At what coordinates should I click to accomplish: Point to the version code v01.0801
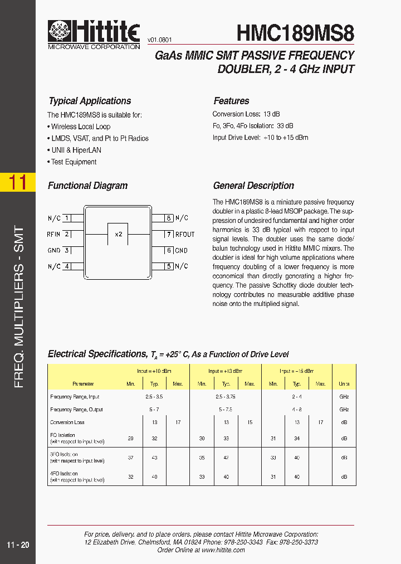[160, 40]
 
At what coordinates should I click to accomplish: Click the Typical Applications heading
[90, 101]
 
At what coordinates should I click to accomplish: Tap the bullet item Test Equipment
[74, 162]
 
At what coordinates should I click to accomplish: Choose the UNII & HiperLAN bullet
[76, 150]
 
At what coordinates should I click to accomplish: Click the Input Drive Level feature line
[260, 138]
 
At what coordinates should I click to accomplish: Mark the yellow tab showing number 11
[18, 182]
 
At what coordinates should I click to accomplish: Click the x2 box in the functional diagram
[118, 235]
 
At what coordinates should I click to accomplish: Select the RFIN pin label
[53, 235]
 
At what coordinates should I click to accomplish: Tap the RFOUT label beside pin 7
[185, 235]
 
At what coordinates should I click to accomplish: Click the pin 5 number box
[169, 266]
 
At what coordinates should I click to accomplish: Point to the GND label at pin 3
[54, 251]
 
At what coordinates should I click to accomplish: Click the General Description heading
[253, 186]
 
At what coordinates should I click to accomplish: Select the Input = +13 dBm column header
[226, 371]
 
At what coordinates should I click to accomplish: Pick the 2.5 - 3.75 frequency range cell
[226, 397]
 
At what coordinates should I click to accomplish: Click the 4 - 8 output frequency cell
[297, 410]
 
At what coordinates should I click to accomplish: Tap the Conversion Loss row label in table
[67, 422]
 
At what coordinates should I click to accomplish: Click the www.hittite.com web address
[223, 550]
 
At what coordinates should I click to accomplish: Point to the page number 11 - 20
[18, 545]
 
